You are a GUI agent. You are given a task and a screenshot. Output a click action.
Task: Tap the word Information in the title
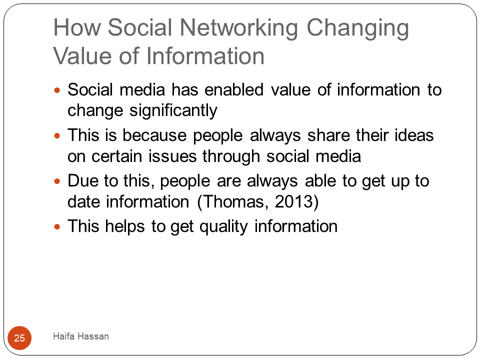(205, 56)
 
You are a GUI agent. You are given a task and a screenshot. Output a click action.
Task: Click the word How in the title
(77, 27)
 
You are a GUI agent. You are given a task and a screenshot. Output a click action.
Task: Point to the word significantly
(173, 110)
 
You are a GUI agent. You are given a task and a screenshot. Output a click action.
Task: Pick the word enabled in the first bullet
(234, 89)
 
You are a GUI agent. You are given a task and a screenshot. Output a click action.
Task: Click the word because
(154, 135)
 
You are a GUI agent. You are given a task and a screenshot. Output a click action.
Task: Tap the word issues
(172, 156)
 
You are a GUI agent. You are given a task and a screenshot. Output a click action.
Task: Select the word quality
(223, 227)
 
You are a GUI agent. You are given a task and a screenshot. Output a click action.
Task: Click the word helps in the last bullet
(124, 226)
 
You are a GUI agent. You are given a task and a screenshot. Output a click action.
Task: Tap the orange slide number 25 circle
(19, 338)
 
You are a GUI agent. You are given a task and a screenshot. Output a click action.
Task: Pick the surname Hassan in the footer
(93, 336)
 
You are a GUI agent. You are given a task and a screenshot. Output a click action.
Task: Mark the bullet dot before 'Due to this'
(57, 181)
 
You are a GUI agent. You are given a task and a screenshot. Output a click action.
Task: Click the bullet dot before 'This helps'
(57, 227)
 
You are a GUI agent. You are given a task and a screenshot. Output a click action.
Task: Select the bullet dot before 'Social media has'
(57, 90)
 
